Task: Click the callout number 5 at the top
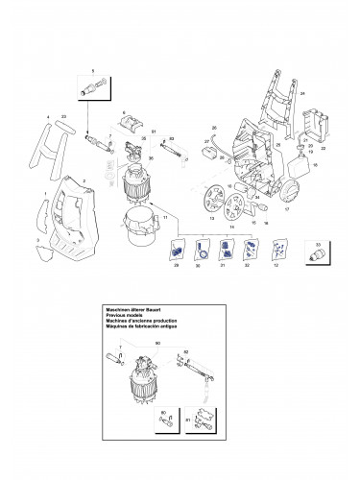pyautogui.click(x=92, y=72)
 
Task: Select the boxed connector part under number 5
pyautogui.click(x=93, y=88)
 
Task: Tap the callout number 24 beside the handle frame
pyautogui.click(x=301, y=94)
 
